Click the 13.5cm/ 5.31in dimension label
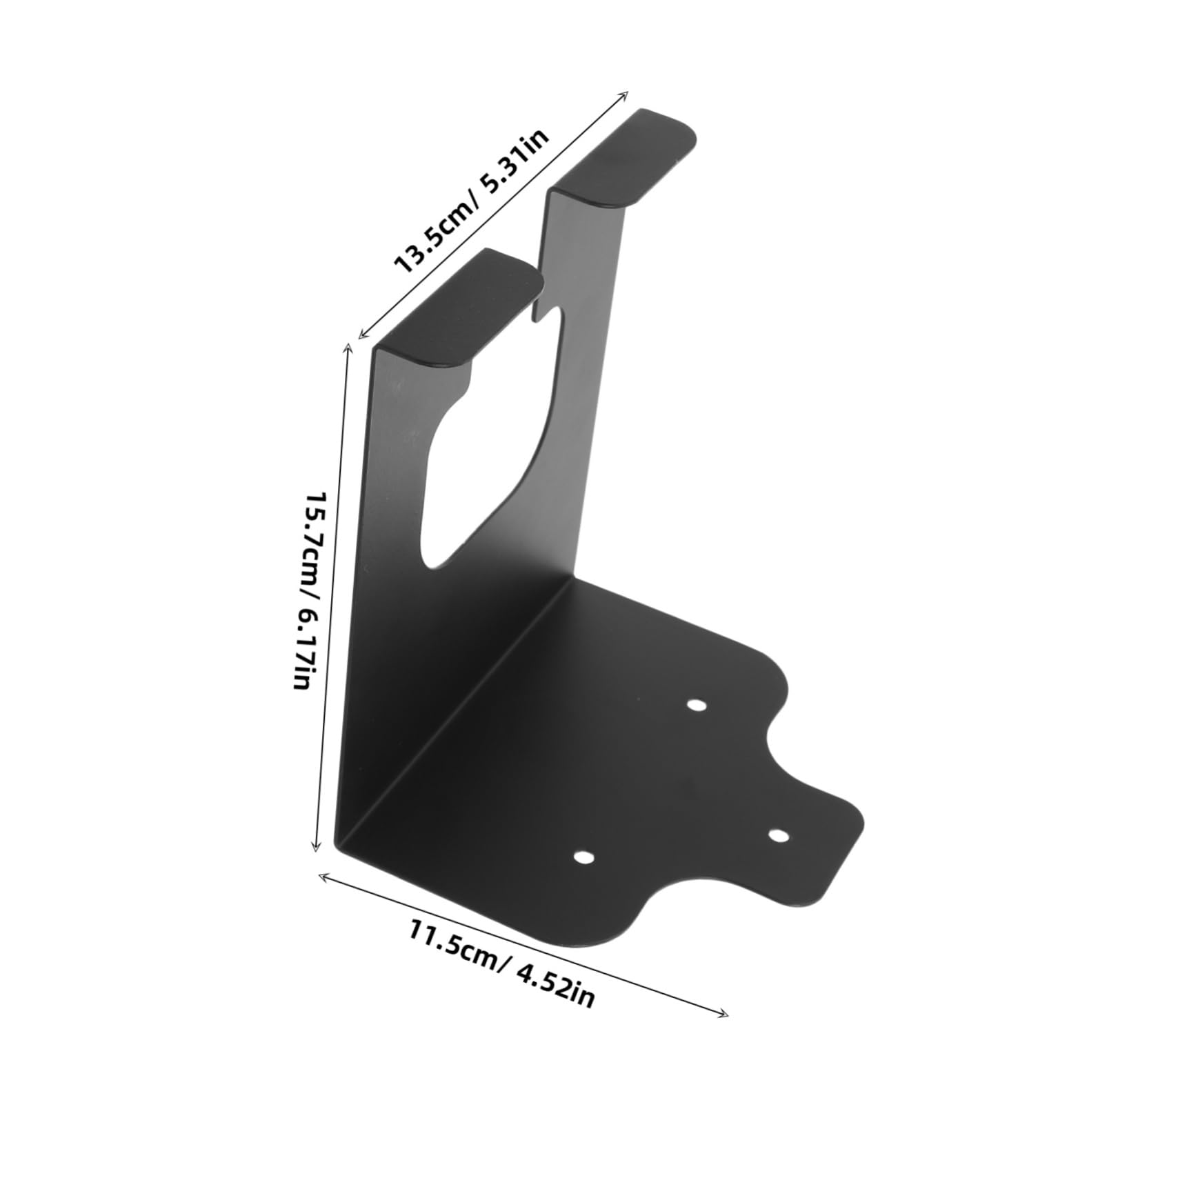471,201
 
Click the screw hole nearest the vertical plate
697,706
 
